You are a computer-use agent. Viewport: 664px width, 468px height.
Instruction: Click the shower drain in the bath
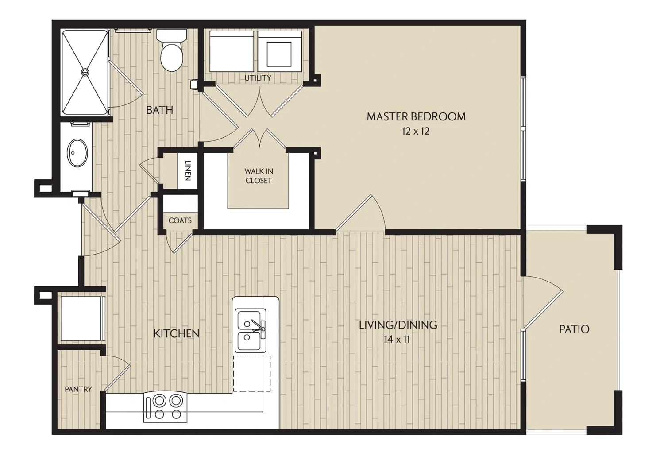click(85, 72)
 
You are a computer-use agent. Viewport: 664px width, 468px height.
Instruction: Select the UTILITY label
click(258, 78)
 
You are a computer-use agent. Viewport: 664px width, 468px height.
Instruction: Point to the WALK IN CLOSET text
click(259, 176)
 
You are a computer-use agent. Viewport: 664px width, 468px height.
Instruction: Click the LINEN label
click(188, 170)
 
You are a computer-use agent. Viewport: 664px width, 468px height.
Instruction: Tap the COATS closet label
click(180, 220)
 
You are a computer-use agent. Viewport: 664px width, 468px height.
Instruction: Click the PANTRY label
click(78, 389)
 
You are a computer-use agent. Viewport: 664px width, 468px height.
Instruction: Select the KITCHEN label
click(176, 334)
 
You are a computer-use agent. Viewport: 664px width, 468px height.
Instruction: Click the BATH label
click(159, 110)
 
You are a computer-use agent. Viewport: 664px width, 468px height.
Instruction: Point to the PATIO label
click(574, 329)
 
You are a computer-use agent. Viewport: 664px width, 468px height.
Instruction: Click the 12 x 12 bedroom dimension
click(416, 131)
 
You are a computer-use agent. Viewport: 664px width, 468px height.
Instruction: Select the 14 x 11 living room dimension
click(397, 339)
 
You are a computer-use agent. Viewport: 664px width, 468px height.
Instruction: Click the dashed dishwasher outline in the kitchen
click(252, 374)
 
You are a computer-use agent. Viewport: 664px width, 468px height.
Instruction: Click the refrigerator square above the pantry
click(81, 319)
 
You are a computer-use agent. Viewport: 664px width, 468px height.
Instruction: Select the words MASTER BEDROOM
click(416, 117)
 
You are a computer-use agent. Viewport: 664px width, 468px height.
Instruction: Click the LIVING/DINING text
click(398, 325)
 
